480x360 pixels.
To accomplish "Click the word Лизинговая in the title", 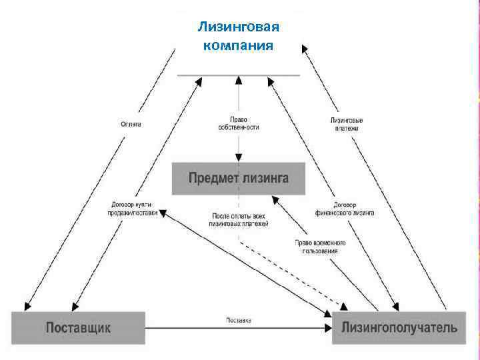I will click(x=239, y=27).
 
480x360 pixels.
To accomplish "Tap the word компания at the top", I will click(x=238, y=45).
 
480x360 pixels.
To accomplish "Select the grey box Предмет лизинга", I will click(x=238, y=178).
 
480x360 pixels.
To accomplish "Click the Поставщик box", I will click(x=78, y=327).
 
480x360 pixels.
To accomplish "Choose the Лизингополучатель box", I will click(x=399, y=327).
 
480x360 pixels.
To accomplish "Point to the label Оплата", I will click(x=131, y=124).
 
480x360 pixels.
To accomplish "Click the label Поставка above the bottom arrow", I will click(x=238, y=320).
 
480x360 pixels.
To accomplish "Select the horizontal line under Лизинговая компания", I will click(x=238, y=75).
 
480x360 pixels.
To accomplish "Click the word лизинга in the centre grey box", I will click(x=265, y=178).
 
